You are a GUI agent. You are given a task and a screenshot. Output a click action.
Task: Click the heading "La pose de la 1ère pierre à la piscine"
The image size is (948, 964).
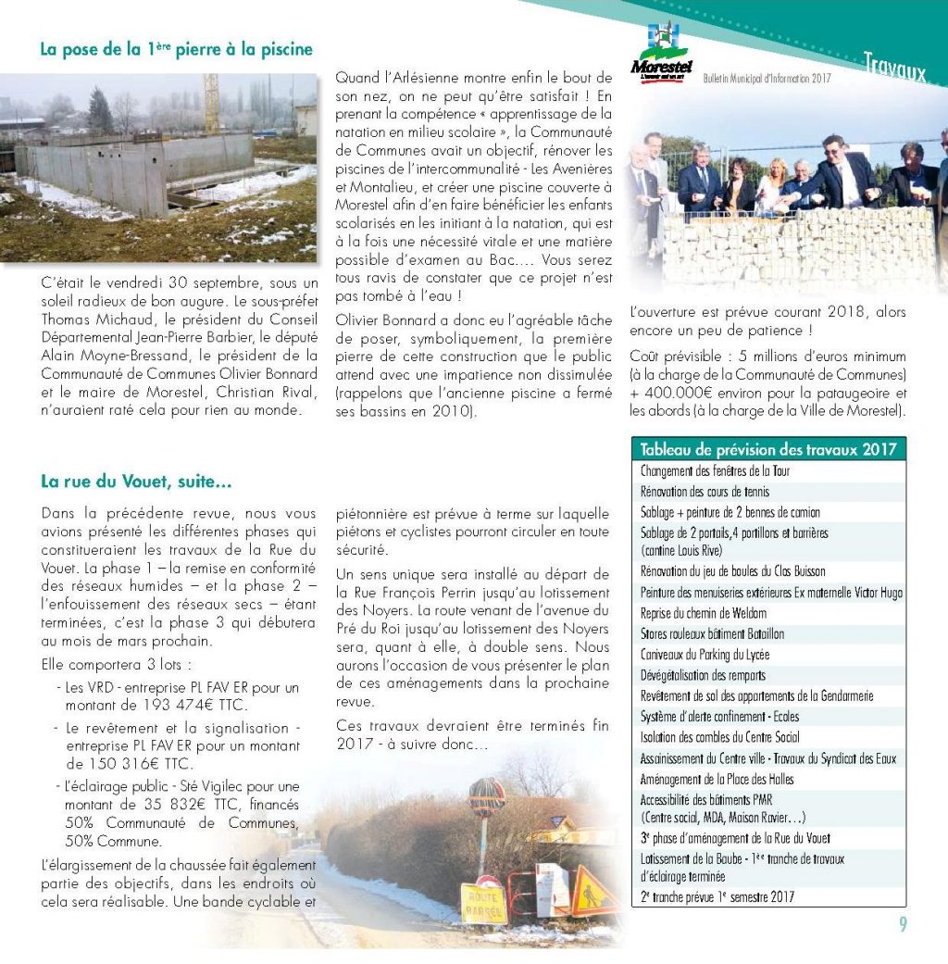coord(176,49)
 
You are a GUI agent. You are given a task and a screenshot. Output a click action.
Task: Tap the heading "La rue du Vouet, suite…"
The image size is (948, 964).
coord(136,482)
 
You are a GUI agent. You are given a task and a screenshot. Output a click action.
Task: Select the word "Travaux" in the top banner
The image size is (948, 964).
coord(893,66)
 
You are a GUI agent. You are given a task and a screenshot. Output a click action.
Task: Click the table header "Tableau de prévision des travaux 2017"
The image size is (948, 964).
coord(767,449)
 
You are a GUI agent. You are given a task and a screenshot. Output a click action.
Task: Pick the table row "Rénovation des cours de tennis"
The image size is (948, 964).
coord(705,492)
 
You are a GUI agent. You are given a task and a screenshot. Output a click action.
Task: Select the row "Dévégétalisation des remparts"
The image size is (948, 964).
coord(703,675)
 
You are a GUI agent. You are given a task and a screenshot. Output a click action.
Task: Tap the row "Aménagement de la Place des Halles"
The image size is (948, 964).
coord(717,779)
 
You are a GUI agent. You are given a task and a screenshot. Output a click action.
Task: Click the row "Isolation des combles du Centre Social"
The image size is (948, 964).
coord(719,737)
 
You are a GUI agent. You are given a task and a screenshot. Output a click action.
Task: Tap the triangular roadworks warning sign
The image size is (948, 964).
coord(593,893)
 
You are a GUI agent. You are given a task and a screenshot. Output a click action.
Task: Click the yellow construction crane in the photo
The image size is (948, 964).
coord(212,104)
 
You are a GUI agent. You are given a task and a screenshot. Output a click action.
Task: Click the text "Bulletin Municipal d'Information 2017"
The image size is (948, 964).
coord(767,80)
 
